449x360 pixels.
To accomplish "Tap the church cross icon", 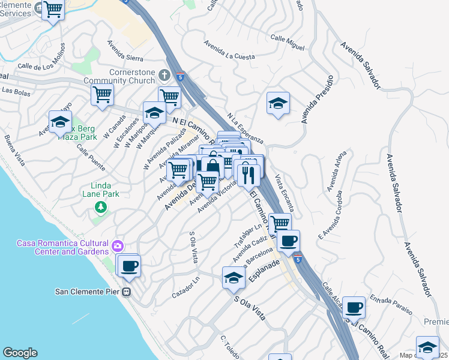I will pyautogui.click(x=165, y=76).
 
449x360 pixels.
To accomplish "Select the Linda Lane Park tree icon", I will pyautogui.click(x=101, y=207).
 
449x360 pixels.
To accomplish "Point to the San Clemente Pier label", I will pyautogui.click(x=88, y=292).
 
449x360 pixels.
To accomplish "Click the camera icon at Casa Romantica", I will pyautogui.click(x=118, y=245).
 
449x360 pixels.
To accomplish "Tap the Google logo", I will pyautogui.click(x=20, y=353).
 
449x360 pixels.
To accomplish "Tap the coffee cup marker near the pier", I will pyautogui.click(x=129, y=265).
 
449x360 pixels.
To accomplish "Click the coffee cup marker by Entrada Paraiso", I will pyautogui.click(x=354, y=307).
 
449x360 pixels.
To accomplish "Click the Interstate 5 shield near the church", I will pyautogui.click(x=181, y=77).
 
